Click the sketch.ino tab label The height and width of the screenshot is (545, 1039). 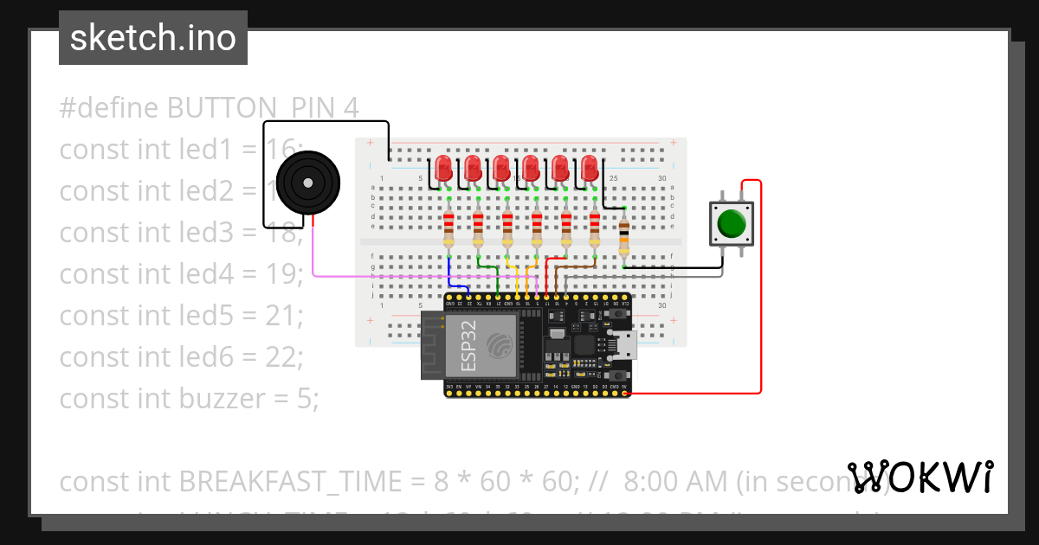(152, 38)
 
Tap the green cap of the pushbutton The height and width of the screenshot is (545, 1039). (732, 223)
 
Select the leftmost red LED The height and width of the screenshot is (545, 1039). (444, 168)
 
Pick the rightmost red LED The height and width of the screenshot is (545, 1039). (590, 168)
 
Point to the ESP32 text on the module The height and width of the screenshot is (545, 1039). (468, 345)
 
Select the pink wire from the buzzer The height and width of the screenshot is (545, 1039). (381, 276)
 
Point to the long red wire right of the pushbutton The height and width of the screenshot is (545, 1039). (761, 285)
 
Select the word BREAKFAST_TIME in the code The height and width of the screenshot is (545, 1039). (303, 481)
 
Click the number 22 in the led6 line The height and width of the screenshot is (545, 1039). (282, 357)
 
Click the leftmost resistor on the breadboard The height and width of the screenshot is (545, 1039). (449, 231)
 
